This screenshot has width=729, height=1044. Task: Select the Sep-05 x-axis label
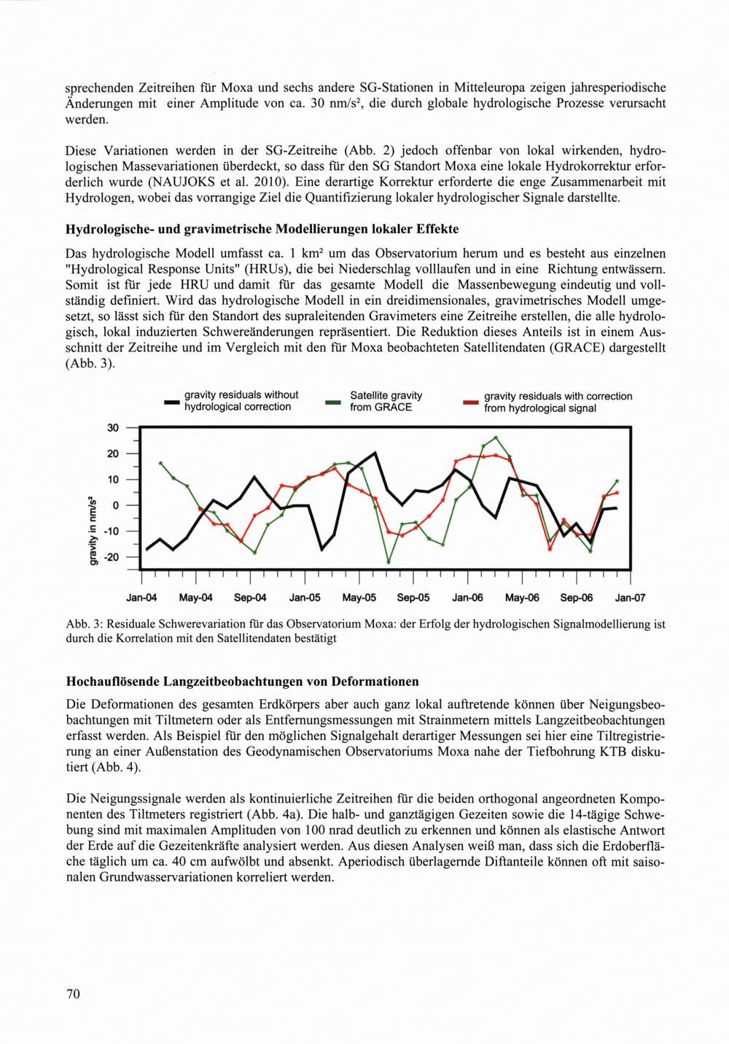pos(414,599)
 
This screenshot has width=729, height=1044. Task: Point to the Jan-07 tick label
pos(630,599)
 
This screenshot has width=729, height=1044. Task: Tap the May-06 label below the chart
pos(522,599)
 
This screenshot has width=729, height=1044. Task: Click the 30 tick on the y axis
pos(113,428)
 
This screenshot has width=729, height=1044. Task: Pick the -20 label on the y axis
pos(111,557)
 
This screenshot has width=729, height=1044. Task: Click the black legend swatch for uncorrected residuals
pos(172,402)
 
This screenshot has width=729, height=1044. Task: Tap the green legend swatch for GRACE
pos(334,402)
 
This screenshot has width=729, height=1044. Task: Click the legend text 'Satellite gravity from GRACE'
pos(386,401)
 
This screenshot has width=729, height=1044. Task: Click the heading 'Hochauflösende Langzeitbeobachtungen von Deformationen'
pos(242,682)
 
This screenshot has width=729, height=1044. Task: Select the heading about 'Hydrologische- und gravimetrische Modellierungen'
pos(262,230)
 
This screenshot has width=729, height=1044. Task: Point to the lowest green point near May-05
pos(389,562)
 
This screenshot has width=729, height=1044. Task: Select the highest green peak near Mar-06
pos(496,437)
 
